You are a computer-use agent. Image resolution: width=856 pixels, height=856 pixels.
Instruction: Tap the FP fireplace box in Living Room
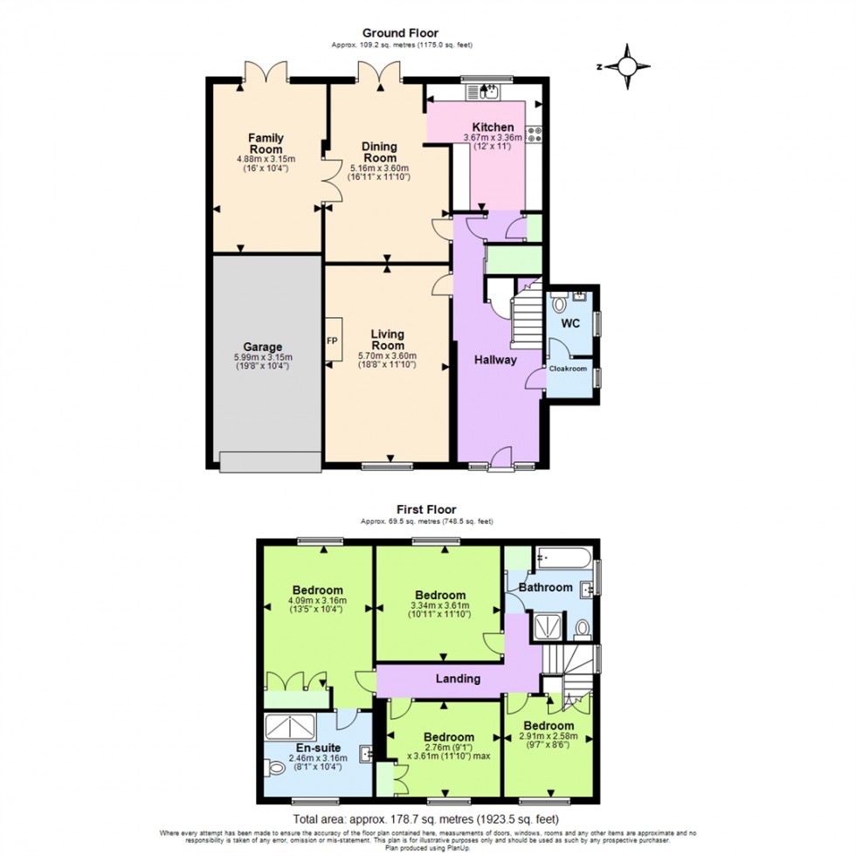333,341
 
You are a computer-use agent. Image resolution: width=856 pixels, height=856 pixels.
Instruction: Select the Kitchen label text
494,127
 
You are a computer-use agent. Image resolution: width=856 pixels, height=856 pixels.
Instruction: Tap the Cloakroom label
568,369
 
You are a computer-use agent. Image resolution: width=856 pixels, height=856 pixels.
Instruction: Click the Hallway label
496,359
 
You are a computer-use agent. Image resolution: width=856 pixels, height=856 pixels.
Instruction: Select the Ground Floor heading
403,34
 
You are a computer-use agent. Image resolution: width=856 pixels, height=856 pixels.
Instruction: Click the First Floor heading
427,509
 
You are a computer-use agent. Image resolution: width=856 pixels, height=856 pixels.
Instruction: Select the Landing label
458,679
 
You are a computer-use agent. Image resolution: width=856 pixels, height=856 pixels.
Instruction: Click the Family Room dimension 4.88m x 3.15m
266,159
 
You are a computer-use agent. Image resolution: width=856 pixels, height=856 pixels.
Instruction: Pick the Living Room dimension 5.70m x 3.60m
387,356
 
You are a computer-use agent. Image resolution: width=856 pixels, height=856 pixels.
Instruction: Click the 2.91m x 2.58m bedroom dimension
549,739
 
